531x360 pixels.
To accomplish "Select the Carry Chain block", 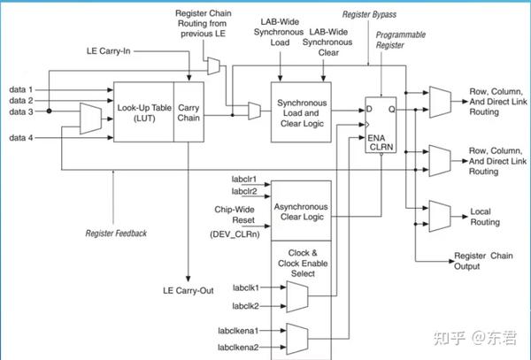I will pyautogui.click(x=189, y=111).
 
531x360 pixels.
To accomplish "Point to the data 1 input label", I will pyautogui.click(x=21, y=89).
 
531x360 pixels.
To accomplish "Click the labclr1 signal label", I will pyautogui.click(x=244, y=178).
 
